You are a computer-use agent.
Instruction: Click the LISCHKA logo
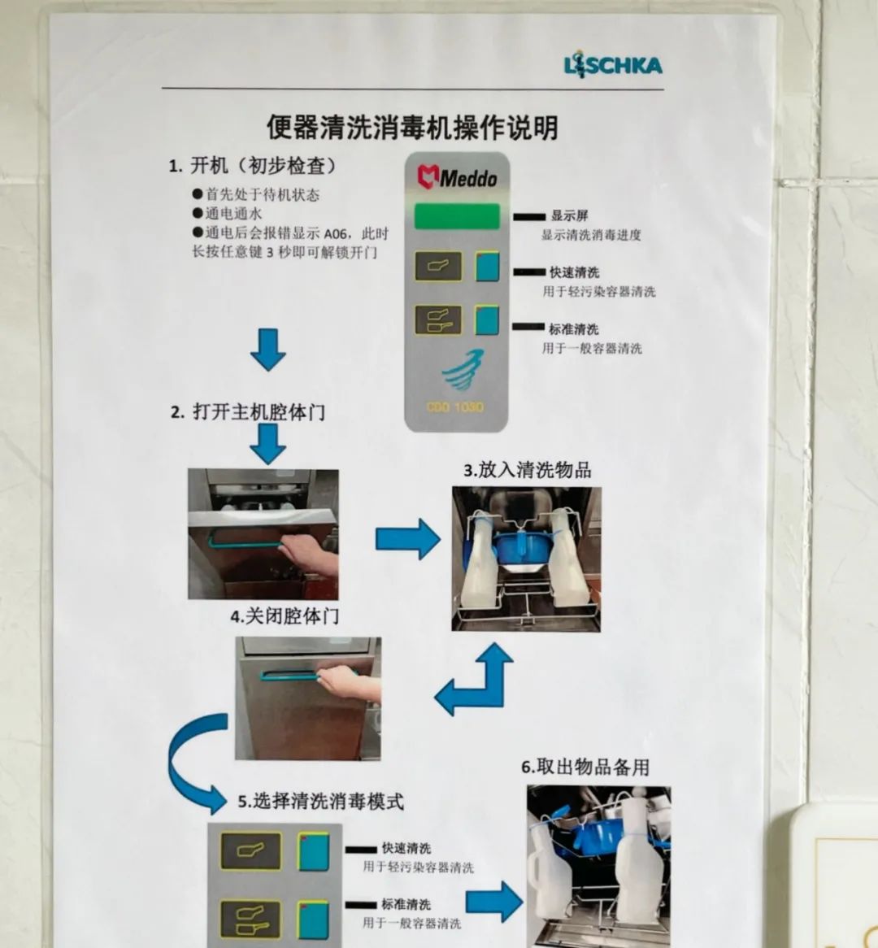point(612,65)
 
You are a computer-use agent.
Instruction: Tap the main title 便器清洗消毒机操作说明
point(412,128)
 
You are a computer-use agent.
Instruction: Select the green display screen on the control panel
point(457,216)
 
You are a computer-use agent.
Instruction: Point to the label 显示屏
point(569,215)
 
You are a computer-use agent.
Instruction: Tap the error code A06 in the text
point(336,234)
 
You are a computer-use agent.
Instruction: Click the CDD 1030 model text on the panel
point(454,407)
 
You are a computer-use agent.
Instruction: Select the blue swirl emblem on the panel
point(463,370)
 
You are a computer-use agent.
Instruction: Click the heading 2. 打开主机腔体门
point(248,412)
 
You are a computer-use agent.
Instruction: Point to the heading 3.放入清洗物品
point(528,471)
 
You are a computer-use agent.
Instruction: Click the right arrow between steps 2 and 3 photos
point(408,539)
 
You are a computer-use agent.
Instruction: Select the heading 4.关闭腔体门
point(285,616)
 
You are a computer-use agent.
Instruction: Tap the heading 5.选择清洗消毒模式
point(320,802)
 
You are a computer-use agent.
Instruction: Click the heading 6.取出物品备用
point(585,768)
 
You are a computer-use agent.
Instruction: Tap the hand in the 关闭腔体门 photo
point(349,683)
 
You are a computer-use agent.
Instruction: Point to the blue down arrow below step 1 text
point(268,350)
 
